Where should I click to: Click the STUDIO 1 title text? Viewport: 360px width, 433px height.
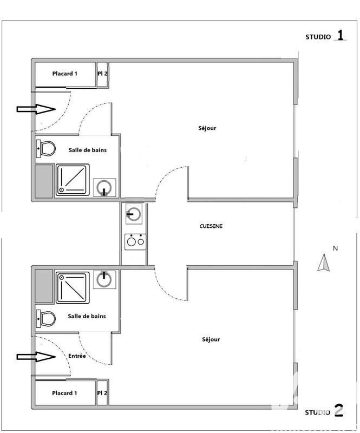(x=325, y=37)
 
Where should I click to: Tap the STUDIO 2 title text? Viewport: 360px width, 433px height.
(x=324, y=412)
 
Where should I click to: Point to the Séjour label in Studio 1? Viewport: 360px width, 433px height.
(x=207, y=128)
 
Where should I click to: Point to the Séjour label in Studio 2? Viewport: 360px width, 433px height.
(x=211, y=339)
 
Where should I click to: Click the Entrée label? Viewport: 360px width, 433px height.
(x=77, y=356)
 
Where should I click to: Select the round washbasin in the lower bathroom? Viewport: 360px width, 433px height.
(x=104, y=279)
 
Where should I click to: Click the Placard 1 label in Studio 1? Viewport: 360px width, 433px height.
(x=65, y=73)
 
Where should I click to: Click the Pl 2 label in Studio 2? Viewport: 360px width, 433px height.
(x=102, y=393)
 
